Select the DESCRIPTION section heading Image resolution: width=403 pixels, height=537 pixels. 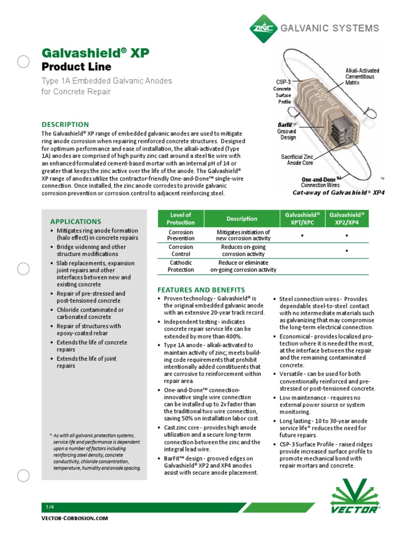coord(66,124)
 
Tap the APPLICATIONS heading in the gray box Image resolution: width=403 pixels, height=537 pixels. coord(76,221)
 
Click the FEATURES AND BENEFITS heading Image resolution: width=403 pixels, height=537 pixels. coord(201,289)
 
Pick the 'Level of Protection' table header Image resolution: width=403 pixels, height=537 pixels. coord(181,219)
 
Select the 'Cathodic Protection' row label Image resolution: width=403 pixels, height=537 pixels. coord(181,266)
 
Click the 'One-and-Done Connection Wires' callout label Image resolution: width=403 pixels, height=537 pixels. coord(321,182)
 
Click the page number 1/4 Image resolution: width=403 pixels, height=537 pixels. coord(50,507)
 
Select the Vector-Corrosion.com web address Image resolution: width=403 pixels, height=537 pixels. coord(75,518)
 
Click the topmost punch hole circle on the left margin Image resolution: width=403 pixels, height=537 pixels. coord(24,62)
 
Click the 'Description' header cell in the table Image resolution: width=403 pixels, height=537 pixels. coord(241,219)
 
